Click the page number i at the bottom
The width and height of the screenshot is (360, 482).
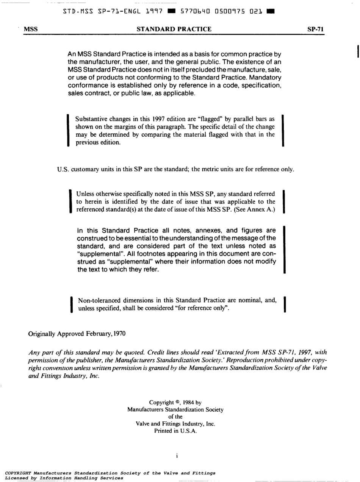coord(177,456)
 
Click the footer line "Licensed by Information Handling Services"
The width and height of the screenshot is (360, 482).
coord(64,478)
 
